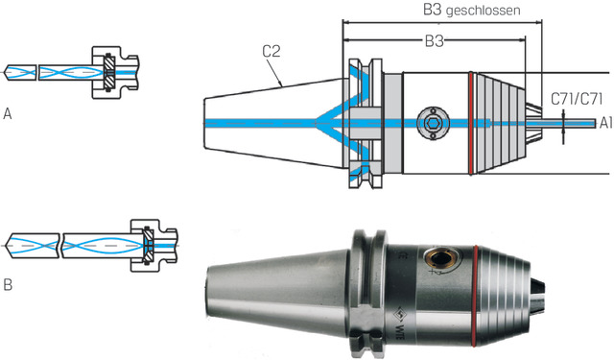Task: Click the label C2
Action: [272, 51]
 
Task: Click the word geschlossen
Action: [484, 11]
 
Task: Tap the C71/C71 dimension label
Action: [577, 99]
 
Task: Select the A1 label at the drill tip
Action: [605, 124]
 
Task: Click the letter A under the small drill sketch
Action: [7, 114]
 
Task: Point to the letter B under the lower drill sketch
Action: [8, 285]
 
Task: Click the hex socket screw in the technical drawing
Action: [433, 124]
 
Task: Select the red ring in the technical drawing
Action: [471, 124]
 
